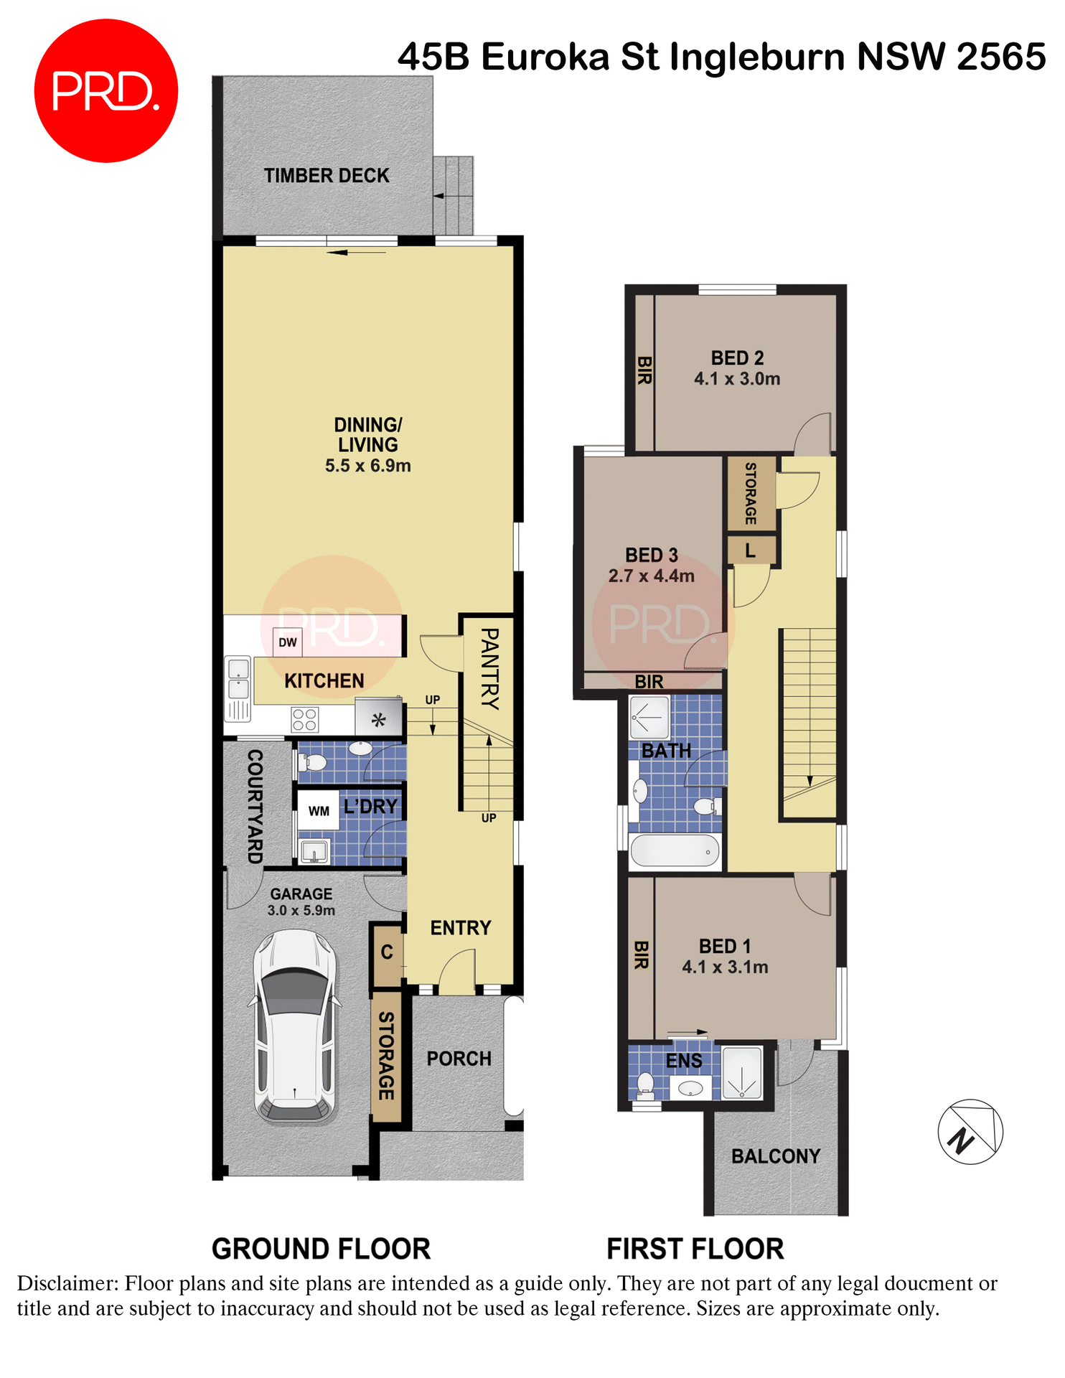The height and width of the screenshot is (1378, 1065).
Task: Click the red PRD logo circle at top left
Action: [x=105, y=91]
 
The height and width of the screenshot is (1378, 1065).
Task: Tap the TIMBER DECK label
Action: [x=326, y=176]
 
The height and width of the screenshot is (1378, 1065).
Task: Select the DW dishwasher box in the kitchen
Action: [x=287, y=642]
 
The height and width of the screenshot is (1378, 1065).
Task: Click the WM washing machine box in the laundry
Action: [x=319, y=811]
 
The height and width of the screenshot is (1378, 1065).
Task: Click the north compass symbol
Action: [x=970, y=1132]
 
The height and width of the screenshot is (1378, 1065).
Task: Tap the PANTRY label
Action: [x=489, y=669]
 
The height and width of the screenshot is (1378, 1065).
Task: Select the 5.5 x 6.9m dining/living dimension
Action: [x=367, y=466]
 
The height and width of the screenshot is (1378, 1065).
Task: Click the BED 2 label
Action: [x=737, y=358]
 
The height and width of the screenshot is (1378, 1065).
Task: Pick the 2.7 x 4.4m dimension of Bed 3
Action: [x=651, y=576]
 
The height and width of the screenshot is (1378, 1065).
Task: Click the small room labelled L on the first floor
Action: [x=751, y=551]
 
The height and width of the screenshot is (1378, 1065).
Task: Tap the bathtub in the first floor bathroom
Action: [x=675, y=851]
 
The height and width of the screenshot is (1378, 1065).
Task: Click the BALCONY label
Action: [x=775, y=1156]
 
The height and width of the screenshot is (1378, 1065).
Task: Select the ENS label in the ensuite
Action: [x=683, y=1061]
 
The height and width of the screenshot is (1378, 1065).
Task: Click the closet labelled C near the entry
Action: [x=387, y=952]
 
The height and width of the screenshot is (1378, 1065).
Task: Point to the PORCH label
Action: [x=459, y=1059]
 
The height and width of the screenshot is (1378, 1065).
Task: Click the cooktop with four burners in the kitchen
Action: [x=304, y=720]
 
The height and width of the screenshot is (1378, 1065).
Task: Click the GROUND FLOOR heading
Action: [x=321, y=1250]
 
